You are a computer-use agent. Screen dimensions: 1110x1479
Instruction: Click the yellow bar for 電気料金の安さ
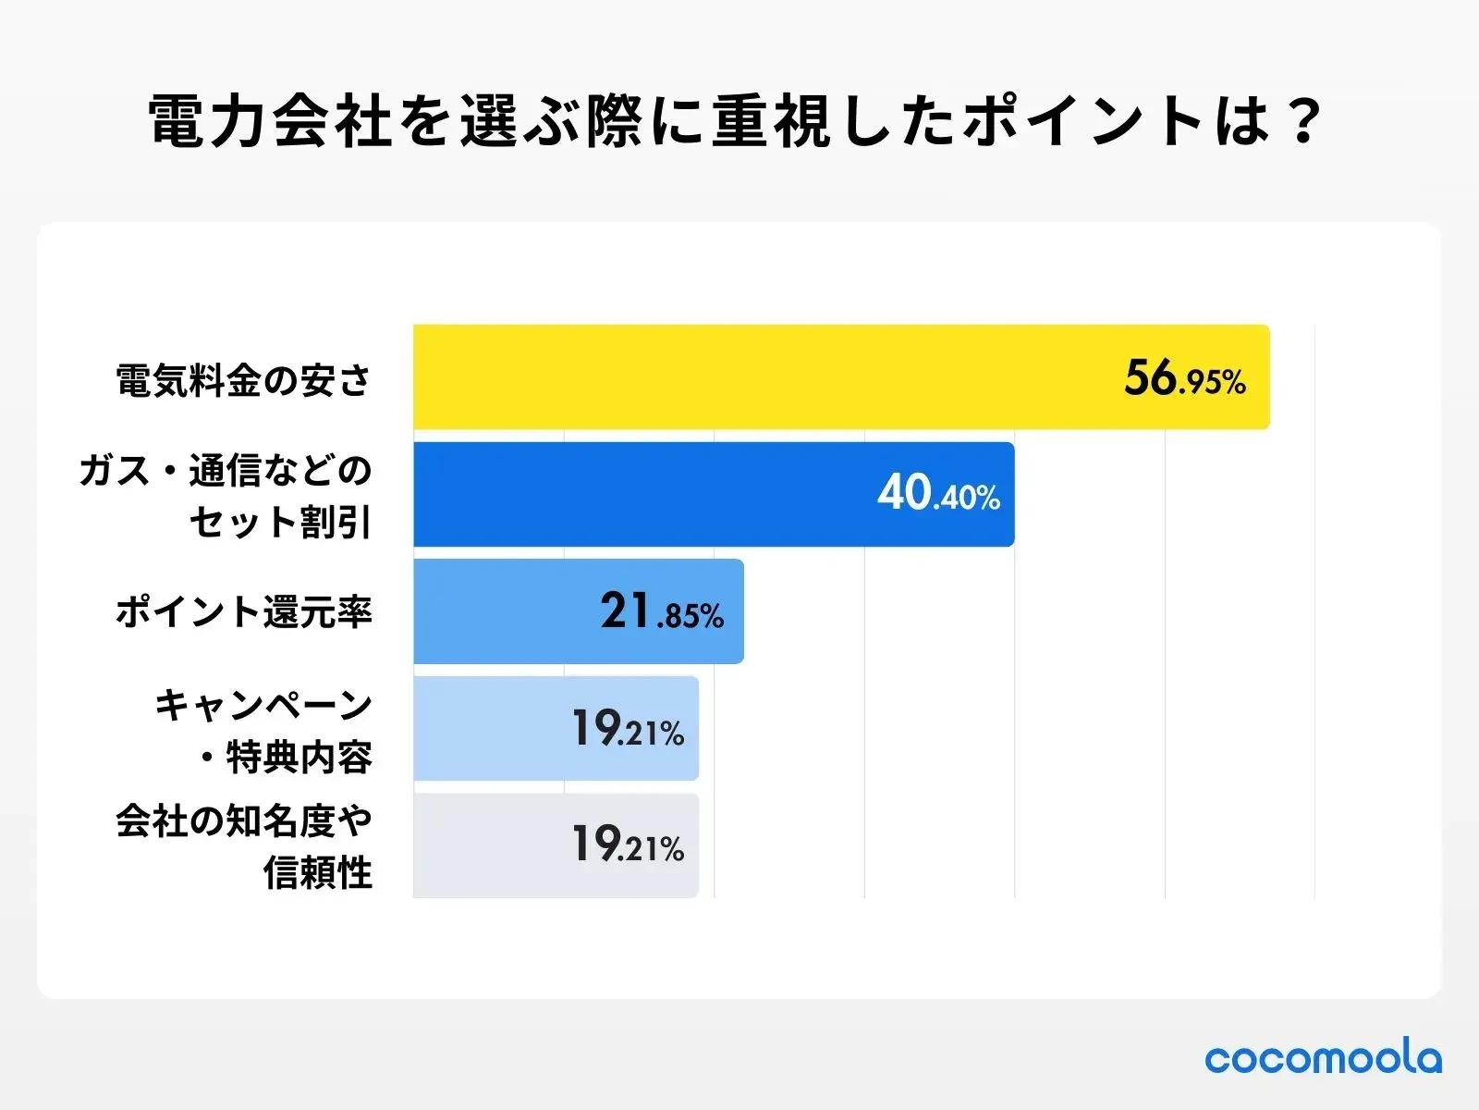[x=758, y=376]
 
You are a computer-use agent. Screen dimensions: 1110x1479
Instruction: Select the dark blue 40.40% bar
[x=647, y=494]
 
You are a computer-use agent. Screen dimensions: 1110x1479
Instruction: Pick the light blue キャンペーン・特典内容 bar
[x=490, y=728]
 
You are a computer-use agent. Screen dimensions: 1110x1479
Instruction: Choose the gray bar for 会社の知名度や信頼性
[x=490, y=845]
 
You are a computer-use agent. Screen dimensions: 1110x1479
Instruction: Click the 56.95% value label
[x=1184, y=378]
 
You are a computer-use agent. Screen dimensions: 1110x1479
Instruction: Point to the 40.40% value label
[x=938, y=494]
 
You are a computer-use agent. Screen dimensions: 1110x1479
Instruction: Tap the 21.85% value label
[x=661, y=612]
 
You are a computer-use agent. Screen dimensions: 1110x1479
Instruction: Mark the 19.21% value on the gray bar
[x=628, y=845]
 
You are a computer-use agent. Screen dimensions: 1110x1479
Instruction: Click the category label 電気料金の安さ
[x=243, y=380]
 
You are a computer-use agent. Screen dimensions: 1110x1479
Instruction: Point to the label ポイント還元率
[x=243, y=612]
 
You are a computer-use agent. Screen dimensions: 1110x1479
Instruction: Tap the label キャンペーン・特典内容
[x=264, y=731]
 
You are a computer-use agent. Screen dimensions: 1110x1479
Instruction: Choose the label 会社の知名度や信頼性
[x=244, y=846]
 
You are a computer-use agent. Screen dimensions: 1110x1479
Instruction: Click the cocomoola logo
[x=1323, y=1058]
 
